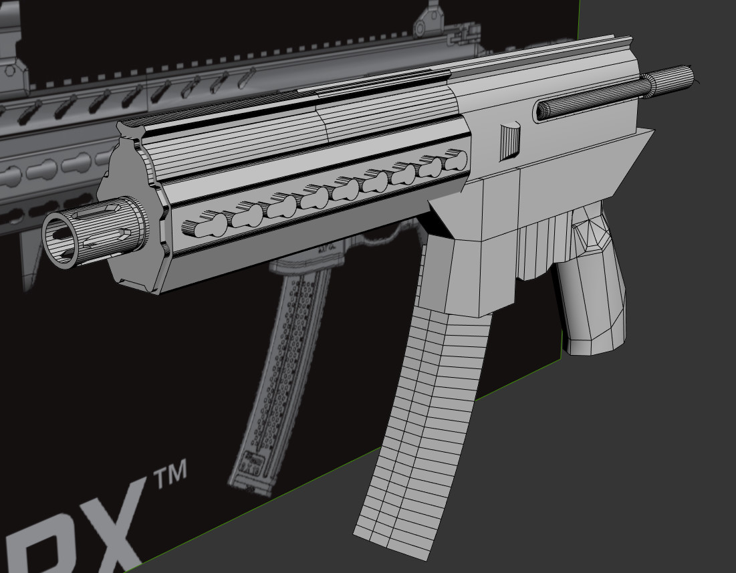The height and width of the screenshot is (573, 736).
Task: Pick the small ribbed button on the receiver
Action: (511, 141)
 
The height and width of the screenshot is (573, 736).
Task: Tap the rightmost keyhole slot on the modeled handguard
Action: (455, 160)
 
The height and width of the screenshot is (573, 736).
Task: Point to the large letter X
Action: (100, 528)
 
